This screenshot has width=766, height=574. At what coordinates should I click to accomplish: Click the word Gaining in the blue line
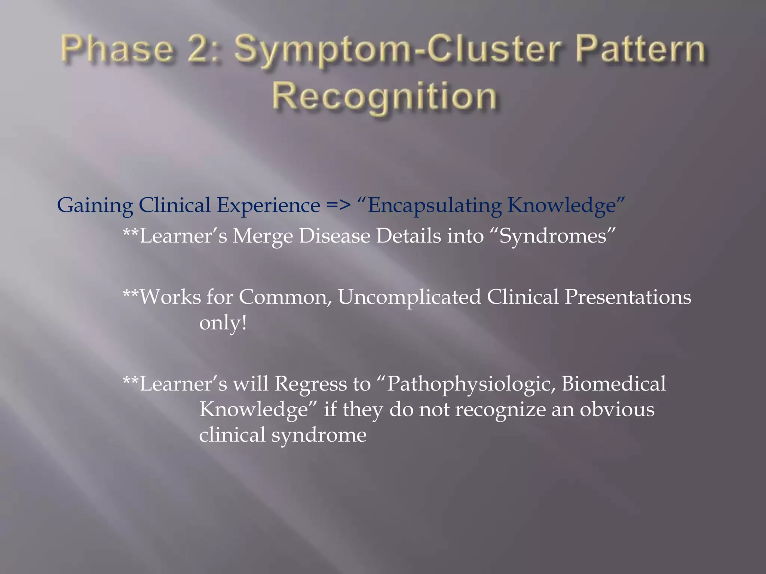tap(95, 206)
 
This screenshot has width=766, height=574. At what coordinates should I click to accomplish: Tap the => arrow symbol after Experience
tap(338, 205)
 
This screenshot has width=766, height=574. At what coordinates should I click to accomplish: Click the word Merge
tap(262, 236)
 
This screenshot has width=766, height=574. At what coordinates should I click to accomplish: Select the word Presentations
tap(628, 297)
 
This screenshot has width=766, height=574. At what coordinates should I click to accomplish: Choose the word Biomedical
tap(613, 384)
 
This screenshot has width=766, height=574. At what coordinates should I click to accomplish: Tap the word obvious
tap(617, 410)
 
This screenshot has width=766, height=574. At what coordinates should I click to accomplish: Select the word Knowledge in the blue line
tap(561, 206)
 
